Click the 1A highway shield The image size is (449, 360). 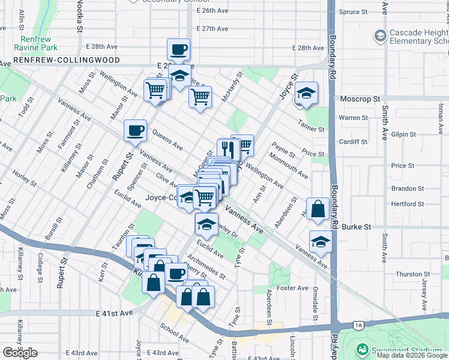[359, 325]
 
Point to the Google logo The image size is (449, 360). [20, 353]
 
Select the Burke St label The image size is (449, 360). [357, 227]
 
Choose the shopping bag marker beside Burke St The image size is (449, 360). [318, 209]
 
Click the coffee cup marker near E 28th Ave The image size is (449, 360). [178, 49]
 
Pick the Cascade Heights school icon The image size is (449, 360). [379, 36]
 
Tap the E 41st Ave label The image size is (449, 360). [114, 313]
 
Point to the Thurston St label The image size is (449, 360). [409, 274]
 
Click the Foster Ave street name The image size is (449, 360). [293, 288]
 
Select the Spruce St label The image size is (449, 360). [353, 12]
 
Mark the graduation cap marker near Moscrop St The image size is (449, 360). [307, 93]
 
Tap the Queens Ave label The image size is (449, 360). [167, 139]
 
